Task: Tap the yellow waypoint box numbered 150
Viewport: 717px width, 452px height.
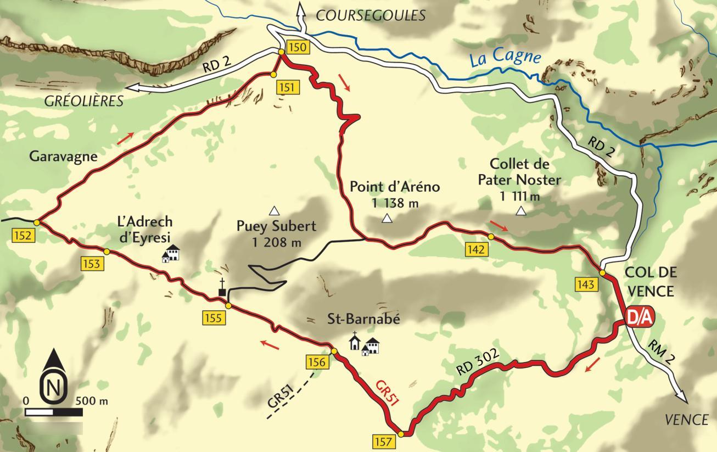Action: (x=296, y=47)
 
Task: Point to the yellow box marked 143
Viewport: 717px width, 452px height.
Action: (x=586, y=284)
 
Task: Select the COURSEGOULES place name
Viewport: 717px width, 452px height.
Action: (x=371, y=15)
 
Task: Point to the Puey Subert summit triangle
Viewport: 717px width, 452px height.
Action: (x=274, y=210)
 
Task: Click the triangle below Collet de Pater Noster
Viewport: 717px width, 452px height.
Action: (x=520, y=211)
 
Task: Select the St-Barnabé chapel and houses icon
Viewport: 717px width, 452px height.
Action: (x=365, y=343)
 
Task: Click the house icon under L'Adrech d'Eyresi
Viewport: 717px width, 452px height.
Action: (x=172, y=253)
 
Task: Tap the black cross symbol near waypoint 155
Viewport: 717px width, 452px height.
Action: (x=222, y=288)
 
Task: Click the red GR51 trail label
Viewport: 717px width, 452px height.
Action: (x=387, y=393)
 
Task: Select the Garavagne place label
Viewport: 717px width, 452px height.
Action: (x=63, y=156)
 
